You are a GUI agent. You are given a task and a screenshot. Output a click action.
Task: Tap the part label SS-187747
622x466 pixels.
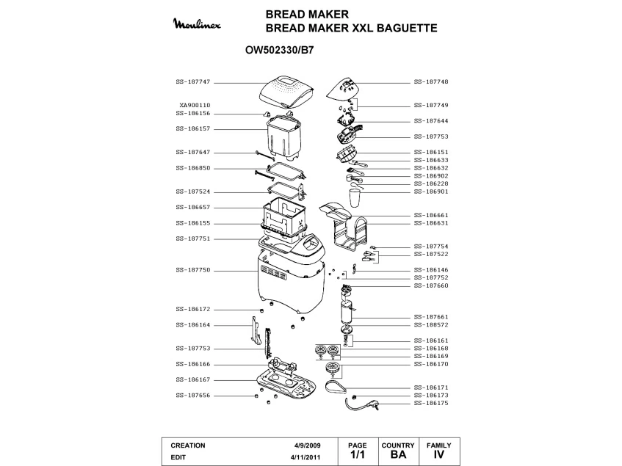193,81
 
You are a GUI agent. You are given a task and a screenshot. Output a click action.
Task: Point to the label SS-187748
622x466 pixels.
431,81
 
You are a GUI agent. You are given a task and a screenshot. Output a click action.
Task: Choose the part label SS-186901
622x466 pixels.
431,192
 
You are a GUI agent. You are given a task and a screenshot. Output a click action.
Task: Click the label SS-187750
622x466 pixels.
193,270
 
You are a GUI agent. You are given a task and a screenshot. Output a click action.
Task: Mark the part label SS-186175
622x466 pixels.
431,403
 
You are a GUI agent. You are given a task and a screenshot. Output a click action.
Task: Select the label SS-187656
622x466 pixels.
193,396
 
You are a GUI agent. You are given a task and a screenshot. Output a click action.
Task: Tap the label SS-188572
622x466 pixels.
431,324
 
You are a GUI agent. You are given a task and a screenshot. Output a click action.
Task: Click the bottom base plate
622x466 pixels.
288,385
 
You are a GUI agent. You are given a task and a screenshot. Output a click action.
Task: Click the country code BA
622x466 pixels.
399,456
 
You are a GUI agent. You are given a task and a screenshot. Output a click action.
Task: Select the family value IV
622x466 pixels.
439,456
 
